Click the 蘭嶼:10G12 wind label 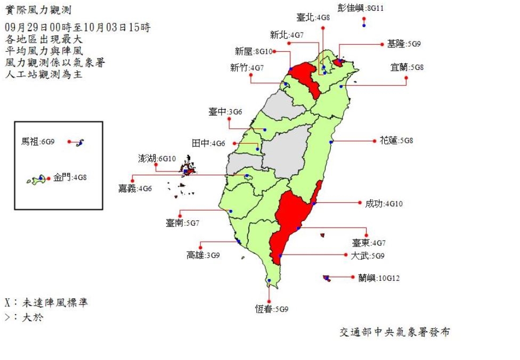tap(378, 278)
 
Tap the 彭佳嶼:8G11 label tap(361, 8)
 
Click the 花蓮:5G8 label tap(396, 141)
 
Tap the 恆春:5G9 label tap(272, 309)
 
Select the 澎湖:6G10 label tap(157, 159)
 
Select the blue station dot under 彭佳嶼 tap(363, 25)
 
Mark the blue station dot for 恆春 tap(270, 281)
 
